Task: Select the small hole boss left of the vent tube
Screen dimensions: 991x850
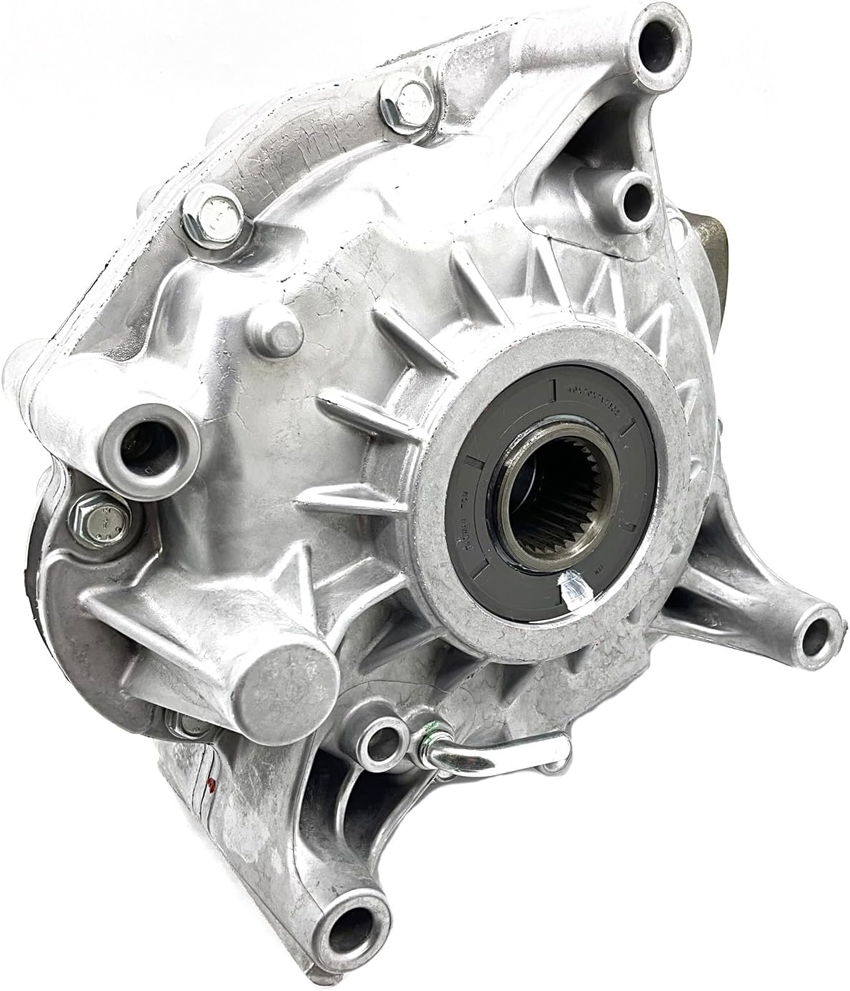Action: coord(384,742)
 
